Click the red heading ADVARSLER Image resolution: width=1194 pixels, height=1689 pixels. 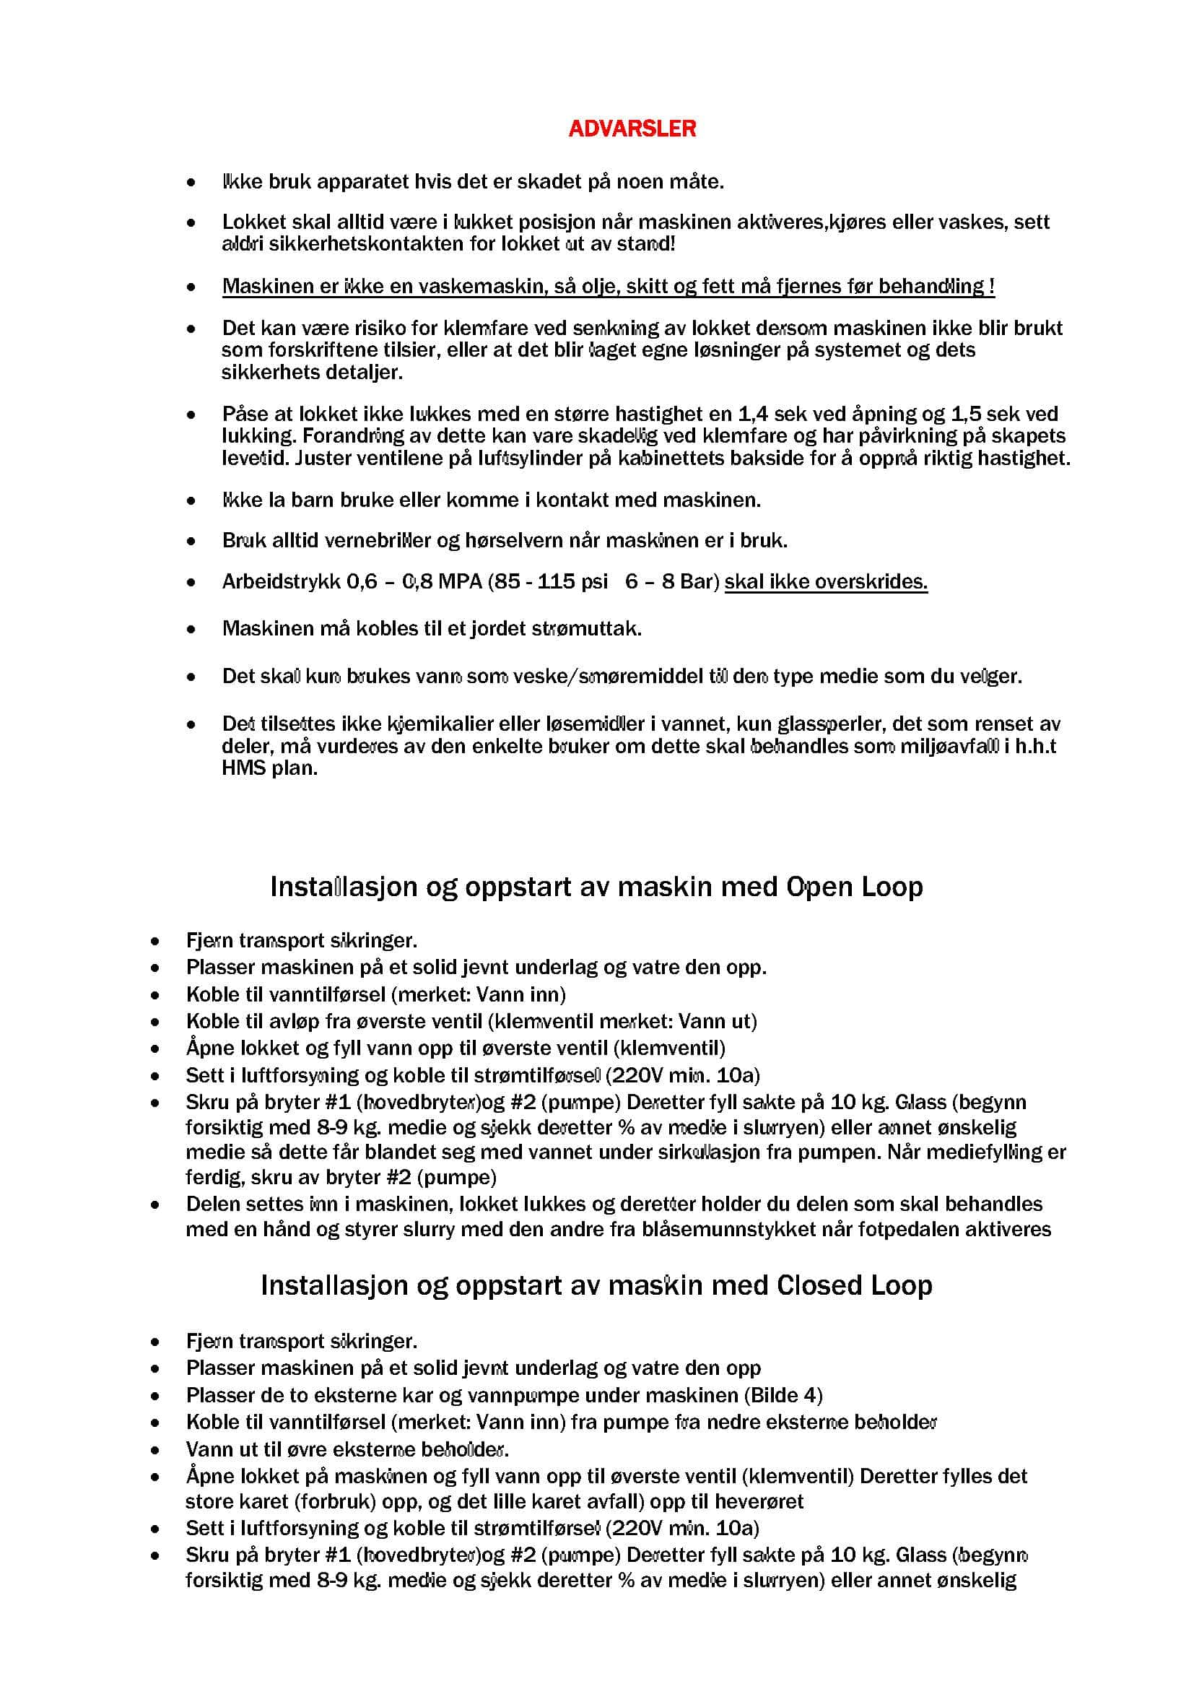pyautogui.click(x=632, y=129)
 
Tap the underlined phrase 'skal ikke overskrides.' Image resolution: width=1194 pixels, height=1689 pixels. pyautogui.click(x=826, y=582)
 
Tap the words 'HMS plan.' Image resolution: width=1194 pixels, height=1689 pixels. pyautogui.click(x=270, y=769)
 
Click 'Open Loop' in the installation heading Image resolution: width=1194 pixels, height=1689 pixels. pyautogui.click(x=854, y=887)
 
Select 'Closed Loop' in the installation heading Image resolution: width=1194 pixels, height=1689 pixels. pyautogui.click(x=854, y=1285)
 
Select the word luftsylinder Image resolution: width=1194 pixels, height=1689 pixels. pyautogui.click(x=530, y=459)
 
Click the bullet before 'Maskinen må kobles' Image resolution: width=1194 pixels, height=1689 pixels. pyautogui.click(x=191, y=630)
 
